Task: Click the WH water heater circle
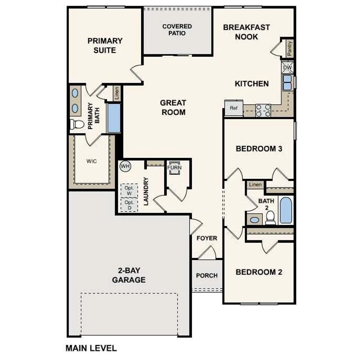(x=125, y=166)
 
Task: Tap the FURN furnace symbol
(x=174, y=168)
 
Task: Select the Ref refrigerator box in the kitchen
(x=234, y=108)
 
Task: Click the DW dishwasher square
(x=287, y=68)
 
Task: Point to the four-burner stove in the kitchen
(x=263, y=110)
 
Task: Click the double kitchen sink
(x=287, y=82)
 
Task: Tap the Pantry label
(x=290, y=48)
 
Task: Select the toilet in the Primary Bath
(x=77, y=124)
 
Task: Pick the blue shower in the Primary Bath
(x=114, y=118)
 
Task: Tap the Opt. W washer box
(x=129, y=191)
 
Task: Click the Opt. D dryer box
(x=129, y=205)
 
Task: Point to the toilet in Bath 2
(x=271, y=217)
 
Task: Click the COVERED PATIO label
(x=177, y=30)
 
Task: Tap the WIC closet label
(x=91, y=161)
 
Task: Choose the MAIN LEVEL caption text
(x=91, y=348)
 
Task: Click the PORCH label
(x=207, y=276)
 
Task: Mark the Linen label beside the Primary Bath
(x=117, y=93)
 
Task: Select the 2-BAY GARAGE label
(x=129, y=275)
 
